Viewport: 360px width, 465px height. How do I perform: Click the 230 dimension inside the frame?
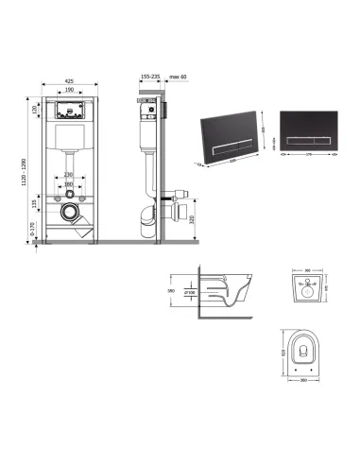(x=69, y=174)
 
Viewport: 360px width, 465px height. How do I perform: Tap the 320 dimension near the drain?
(x=192, y=224)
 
